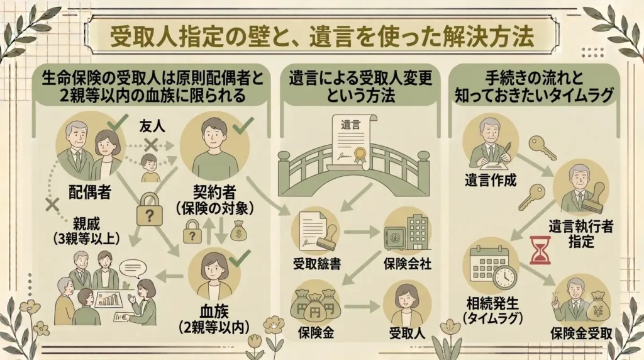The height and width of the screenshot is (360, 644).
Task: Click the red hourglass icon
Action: tap(540, 250)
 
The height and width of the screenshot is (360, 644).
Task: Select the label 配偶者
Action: tap(90, 191)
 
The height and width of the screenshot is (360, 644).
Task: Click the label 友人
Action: tap(152, 126)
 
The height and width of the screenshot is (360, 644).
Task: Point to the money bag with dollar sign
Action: tap(238, 232)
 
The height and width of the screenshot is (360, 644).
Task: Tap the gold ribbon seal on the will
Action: tap(360, 155)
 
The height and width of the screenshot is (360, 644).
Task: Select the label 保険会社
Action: tap(408, 264)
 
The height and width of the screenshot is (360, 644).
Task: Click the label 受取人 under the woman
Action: tap(407, 334)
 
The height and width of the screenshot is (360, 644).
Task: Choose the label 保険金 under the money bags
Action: tap(316, 334)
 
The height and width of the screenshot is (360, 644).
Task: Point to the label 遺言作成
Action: tap(491, 181)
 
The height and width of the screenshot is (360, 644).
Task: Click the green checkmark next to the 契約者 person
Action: tap(243, 125)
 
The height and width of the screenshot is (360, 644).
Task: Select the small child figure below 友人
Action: tap(150, 168)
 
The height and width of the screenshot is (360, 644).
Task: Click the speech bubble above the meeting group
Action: tap(133, 268)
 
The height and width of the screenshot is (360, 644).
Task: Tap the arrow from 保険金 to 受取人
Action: tap(362, 307)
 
